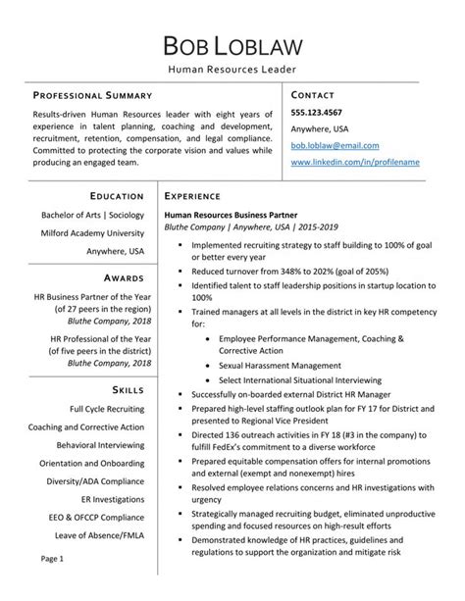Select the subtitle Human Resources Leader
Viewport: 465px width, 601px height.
point(232,71)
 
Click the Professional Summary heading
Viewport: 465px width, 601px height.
point(93,95)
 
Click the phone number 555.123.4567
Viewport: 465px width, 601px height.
point(317,112)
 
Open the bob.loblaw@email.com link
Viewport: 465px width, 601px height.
point(334,144)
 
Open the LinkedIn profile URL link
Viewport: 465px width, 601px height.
point(356,160)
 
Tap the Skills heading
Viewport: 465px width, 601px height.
point(125,388)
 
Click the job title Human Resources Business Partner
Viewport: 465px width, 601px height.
point(229,213)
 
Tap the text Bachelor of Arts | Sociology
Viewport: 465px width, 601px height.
point(92,214)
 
